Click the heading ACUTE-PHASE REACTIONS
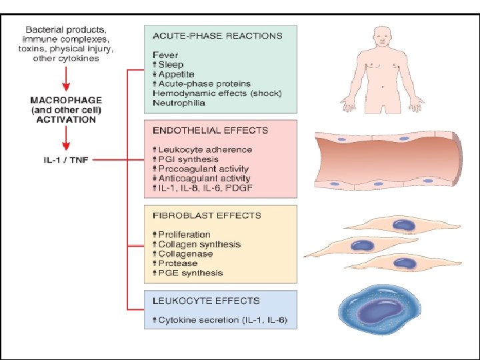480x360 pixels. coord(217,35)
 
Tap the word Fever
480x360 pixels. coord(165,54)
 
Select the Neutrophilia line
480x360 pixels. coord(179,103)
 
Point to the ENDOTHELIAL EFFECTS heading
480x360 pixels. coord(210,131)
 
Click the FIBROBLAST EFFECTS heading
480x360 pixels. coord(207,215)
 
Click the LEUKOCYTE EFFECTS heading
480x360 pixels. coord(206,301)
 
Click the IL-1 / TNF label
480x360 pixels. coord(65,160)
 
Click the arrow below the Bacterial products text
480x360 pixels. coord(65,80)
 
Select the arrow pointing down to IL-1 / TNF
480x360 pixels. coord(65,139)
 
